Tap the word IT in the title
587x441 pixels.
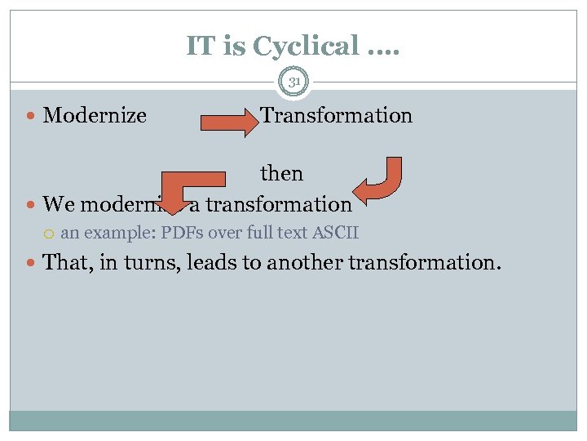(201, 46)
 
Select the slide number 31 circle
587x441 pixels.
(293, 81)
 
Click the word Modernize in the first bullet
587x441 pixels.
(95, 115)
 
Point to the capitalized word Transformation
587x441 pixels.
(336, 115)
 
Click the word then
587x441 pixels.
(281, 173)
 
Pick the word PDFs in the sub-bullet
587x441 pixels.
(183, 233)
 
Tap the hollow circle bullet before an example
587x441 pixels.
(51, 234)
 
